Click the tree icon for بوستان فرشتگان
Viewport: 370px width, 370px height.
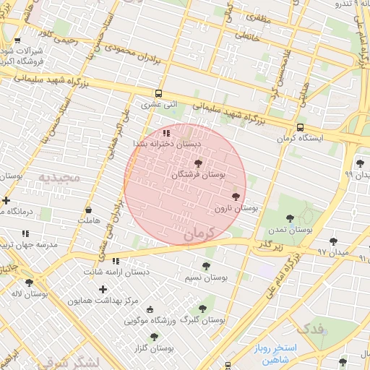[199, 164]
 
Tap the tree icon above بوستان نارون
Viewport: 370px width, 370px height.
[236, 196]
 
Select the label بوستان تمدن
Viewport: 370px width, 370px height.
[288, 230]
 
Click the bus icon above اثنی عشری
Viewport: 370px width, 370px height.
[158, 93]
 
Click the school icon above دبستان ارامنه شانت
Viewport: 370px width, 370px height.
[115, 261]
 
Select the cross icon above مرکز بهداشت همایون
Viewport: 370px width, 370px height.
[103, 288]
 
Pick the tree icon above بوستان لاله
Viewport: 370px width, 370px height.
[29, 283]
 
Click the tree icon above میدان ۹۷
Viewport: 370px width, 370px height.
[333, 241]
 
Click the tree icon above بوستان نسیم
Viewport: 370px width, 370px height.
[207, 267]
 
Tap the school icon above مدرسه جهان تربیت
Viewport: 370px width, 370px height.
[26, 233]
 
